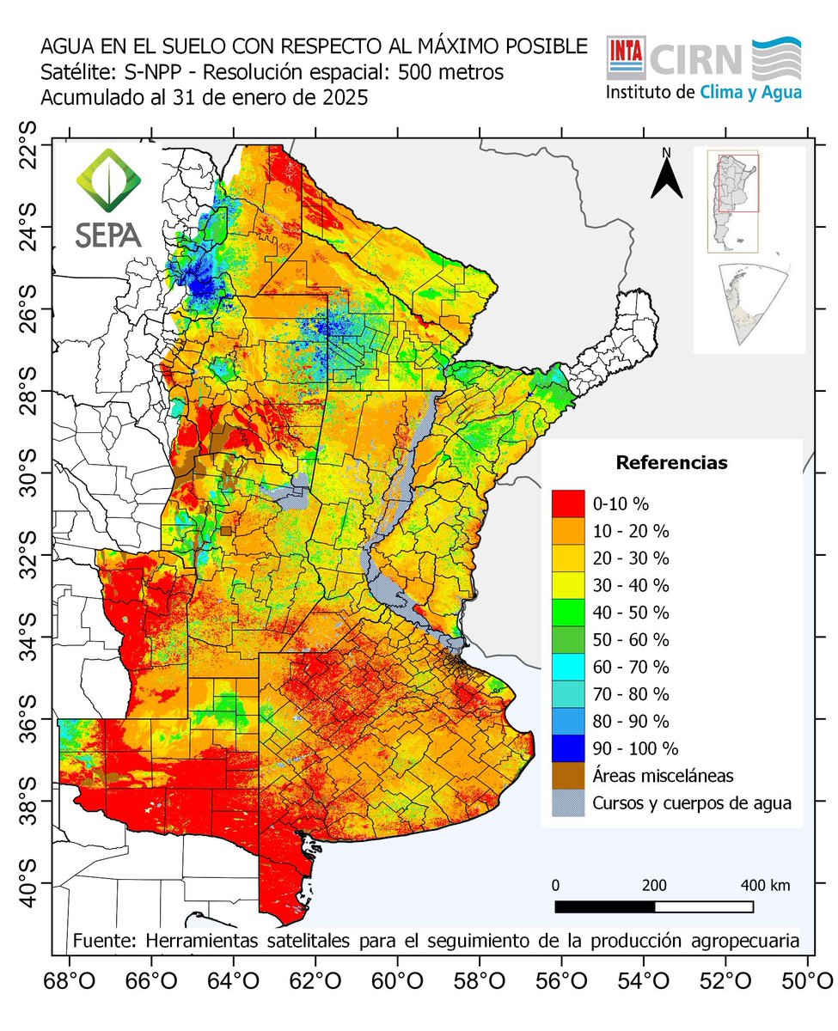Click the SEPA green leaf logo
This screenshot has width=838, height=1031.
coord(108,180)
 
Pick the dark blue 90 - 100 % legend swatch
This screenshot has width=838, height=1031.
coord(567,747)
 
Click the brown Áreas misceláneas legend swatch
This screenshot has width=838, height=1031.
coord(567,774)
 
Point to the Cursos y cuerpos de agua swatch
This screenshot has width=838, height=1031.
coord(567,802)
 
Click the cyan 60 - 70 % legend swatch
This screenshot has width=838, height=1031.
coord(567,666)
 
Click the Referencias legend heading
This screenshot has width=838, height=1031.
coord(671,463)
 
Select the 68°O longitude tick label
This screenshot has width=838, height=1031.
coord(69,979)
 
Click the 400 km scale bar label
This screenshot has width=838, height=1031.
coord(766,885)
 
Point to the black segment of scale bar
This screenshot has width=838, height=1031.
coord(605,906)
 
